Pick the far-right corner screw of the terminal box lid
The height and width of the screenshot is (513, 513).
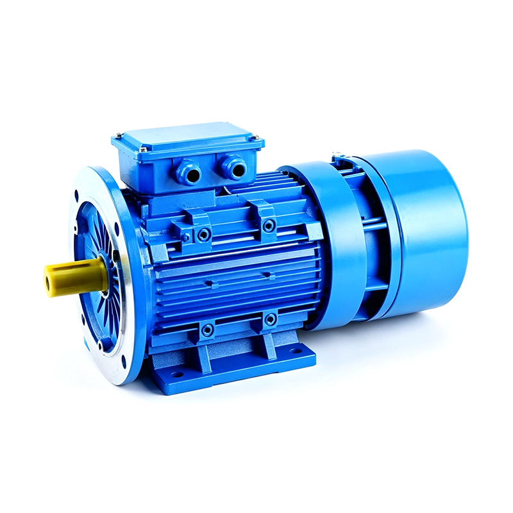(255, 137)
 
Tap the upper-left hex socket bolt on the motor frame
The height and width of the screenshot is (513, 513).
(204, 235)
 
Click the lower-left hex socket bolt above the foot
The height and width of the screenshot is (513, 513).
(207, 331)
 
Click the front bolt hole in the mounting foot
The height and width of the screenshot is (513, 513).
(176, 374)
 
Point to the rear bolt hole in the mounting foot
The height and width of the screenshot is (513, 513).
(296, 351)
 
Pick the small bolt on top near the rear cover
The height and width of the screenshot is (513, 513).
(338, 156)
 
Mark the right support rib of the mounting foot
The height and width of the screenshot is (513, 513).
(268, 346)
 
